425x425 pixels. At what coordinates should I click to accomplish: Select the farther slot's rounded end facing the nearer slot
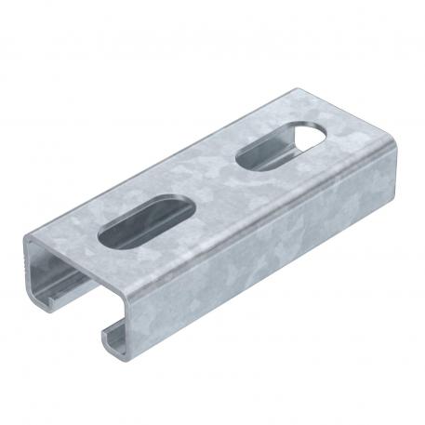(244, 164)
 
